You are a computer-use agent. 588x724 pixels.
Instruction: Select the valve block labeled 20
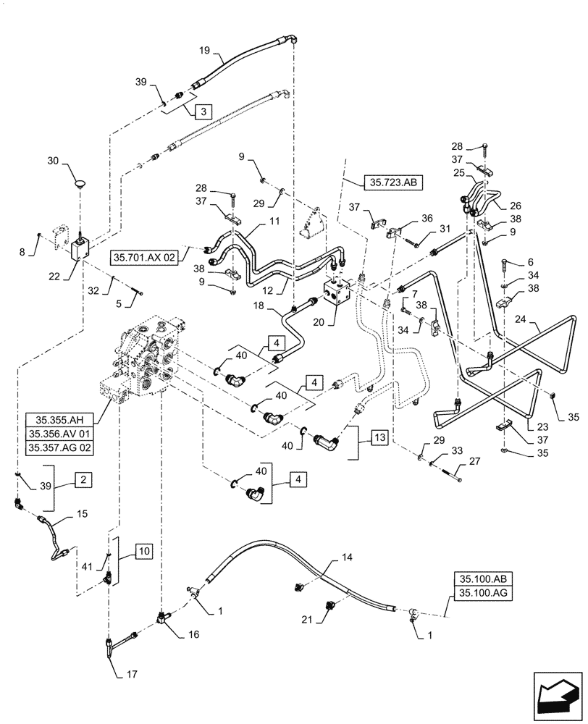click(338, 297)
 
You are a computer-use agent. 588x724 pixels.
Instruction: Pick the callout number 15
click(83, 513)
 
